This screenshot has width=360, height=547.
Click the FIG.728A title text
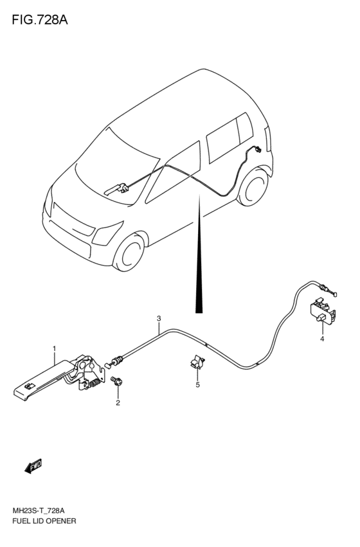40,20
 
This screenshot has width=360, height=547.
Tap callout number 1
55,348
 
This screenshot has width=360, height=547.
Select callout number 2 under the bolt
118,403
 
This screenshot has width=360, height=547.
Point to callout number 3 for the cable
159,318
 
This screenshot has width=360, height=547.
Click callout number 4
322,339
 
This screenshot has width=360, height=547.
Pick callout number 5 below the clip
197,385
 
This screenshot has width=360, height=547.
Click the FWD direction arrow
33,466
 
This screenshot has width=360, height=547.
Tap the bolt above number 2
116,381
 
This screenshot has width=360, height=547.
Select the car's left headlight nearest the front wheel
107,233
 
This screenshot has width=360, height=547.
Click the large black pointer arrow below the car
199,254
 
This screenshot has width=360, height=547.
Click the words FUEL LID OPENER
44,531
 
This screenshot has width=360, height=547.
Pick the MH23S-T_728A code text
39,521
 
